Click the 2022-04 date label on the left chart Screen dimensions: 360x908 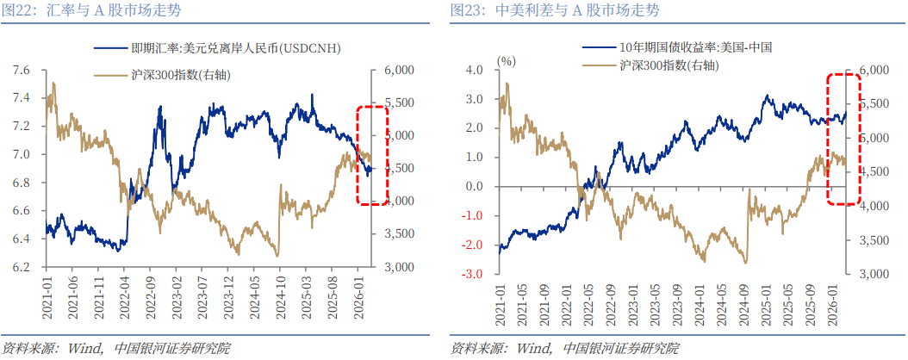click(x=127, y=297)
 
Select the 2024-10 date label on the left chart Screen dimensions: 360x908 click(x=282, y=297)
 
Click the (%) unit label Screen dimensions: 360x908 click(x=507, y=61)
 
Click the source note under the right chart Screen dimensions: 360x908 click(x=564, y=348)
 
